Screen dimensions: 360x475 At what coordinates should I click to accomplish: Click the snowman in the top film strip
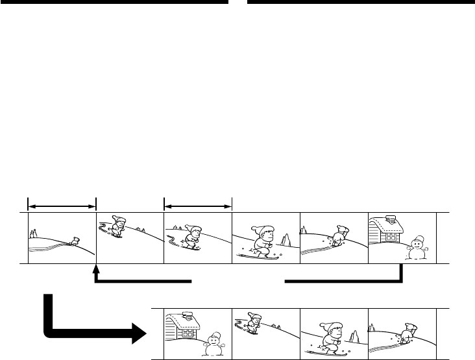click(x=415, y=247)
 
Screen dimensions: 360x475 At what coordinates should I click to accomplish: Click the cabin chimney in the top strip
click(x=390, y=219)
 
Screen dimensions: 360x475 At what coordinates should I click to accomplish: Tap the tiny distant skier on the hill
click(x=76, y=241)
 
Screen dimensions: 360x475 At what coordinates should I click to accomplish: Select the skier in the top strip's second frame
click(x=117, y=229)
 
